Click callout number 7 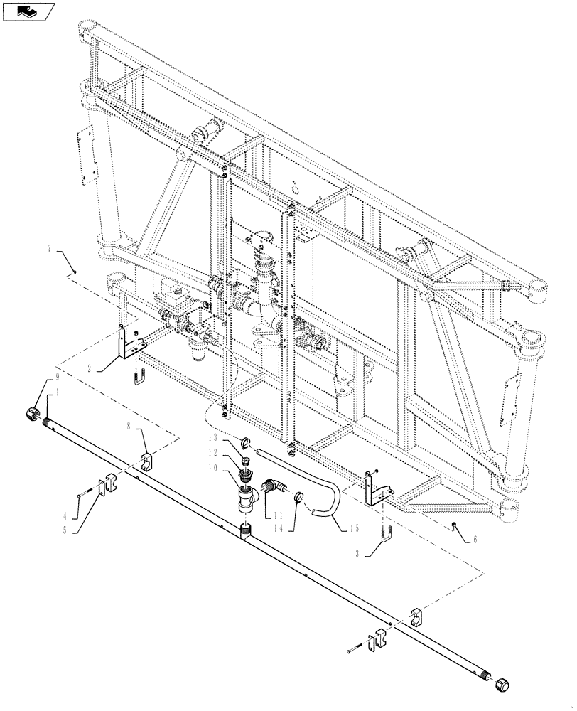[x=49, y=249]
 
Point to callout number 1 [x=48, y=392]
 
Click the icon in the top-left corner [x=28, y=11]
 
